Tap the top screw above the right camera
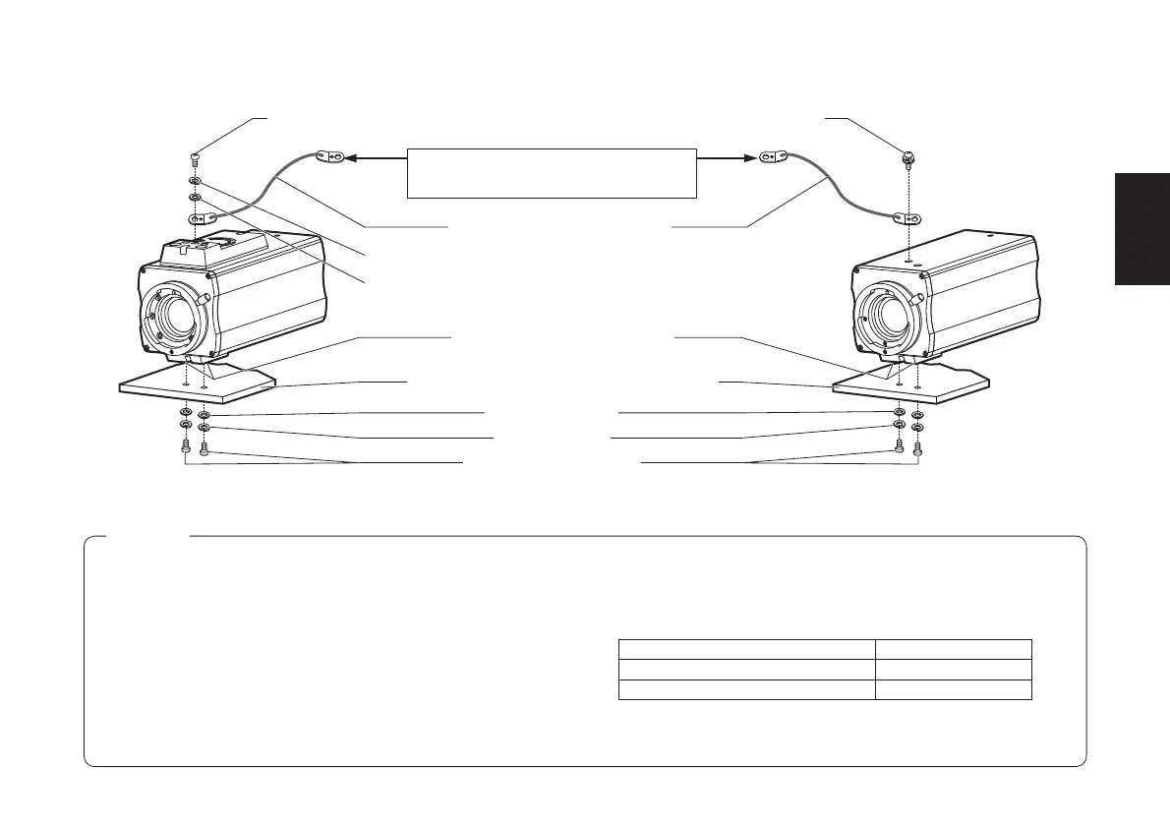coord(909,157)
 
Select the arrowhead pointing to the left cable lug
coord(351,156)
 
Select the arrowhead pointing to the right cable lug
coord(753,156)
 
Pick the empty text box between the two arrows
coord(552,173)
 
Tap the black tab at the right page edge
coord(1141,229)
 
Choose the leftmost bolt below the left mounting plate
coord(186,445)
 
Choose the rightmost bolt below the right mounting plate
coord(918,448)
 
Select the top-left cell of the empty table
coord(746,649)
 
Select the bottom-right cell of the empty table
coord(953,689)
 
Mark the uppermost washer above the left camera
coord(196,181)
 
